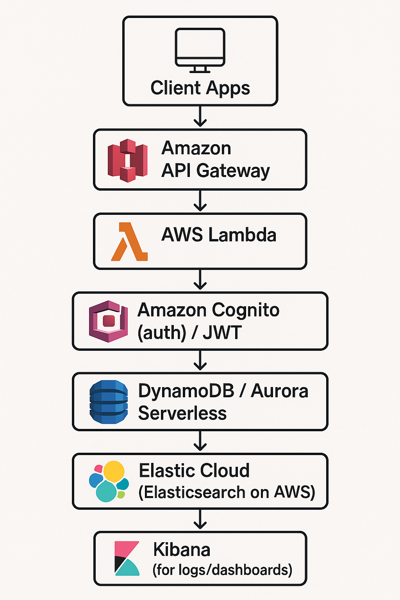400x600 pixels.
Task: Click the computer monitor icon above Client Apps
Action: click(200, 50)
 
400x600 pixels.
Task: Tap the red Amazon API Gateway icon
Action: click(128, 160)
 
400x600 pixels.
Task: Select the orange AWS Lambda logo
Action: click(129, 242)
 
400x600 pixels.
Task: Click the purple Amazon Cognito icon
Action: click(109, 321)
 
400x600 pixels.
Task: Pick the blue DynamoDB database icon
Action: click(109, 402)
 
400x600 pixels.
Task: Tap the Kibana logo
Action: click(127, 558)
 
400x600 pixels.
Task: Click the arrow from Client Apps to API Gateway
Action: click(200, 117)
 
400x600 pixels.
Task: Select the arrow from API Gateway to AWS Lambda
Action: click(200, 201)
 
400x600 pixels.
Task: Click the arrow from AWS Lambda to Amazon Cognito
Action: click(200, 280)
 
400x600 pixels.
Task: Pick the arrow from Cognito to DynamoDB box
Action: click(200, 361)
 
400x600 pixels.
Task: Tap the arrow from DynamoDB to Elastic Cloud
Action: click(200, 441)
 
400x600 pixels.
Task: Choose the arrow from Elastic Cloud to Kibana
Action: click(200, 520)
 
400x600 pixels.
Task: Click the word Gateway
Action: click(233, 171)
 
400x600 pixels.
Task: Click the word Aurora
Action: click(279, 391)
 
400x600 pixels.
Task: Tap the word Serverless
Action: click(182, 413)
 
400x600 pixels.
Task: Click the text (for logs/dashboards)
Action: click(222, 570)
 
